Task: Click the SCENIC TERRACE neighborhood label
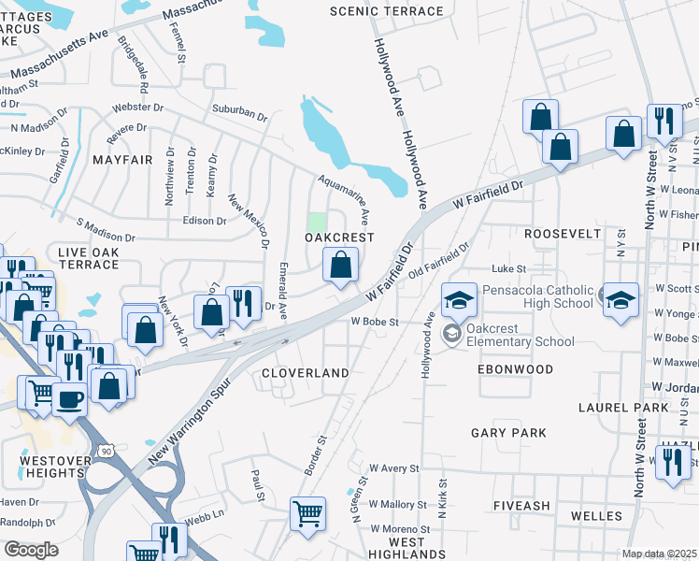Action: [387, 11]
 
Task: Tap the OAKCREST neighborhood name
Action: [339, 238]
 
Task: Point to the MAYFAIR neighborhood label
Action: [122, 160]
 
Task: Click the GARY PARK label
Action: [508, 433]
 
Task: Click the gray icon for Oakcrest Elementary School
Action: [451, 334]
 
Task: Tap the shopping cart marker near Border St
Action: [308, 513]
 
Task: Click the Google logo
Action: [31, 549]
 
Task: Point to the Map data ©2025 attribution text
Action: [660, 554]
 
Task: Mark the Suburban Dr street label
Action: [239, 113]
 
